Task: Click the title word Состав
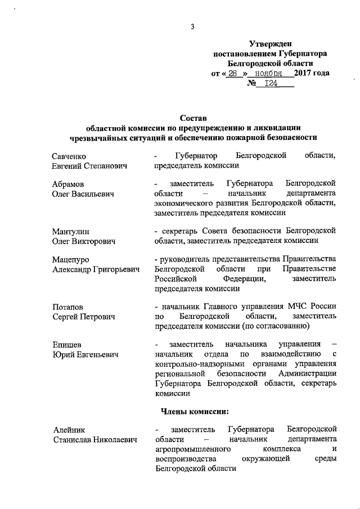(x=193, y=118)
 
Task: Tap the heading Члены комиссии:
(x=200, y=411)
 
